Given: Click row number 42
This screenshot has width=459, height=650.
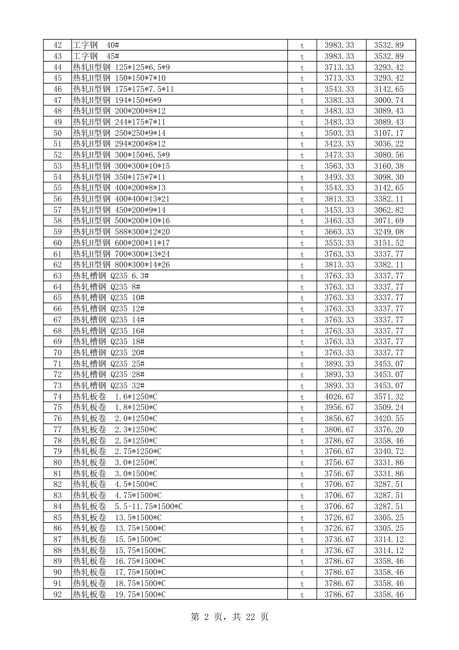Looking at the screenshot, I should coord(57,45).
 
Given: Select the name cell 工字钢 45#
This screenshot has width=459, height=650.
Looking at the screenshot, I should coord(96,56).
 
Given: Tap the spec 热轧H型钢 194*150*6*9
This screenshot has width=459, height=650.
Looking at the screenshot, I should coord(117,100).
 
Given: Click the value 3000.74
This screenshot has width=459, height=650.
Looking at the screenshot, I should coord(388,100).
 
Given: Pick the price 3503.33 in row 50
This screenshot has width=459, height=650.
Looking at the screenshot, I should coord(339,133).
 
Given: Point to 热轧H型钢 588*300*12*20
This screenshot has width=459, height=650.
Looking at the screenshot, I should coord(121,232).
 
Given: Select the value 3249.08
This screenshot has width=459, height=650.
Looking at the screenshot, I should coord(388,232).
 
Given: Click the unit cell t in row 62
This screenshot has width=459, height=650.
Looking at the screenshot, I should coord(302,265).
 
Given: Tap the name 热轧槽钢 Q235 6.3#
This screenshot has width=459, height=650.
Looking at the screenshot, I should coord(111,276).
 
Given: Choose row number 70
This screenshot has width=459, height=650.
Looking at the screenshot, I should coord(57,353).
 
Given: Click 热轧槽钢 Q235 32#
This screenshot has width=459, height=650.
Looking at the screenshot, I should coord(109,385).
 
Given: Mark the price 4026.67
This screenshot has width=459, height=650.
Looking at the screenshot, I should coord(339,397).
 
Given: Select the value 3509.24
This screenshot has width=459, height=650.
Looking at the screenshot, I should coord(388,407).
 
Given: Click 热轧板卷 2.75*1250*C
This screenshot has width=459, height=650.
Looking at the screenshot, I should coord(117,451).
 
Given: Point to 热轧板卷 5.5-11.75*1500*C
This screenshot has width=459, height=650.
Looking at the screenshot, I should coord(128,506).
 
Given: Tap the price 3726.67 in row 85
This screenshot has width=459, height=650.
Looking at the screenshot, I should coord(339,517).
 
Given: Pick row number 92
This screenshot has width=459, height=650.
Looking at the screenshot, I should coord(57,594).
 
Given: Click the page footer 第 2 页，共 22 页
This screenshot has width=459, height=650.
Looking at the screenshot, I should coord(229,617).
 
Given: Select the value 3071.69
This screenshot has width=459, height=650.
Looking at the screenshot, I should coord(388,221).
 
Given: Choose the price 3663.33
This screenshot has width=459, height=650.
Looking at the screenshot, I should coord(339,232).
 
